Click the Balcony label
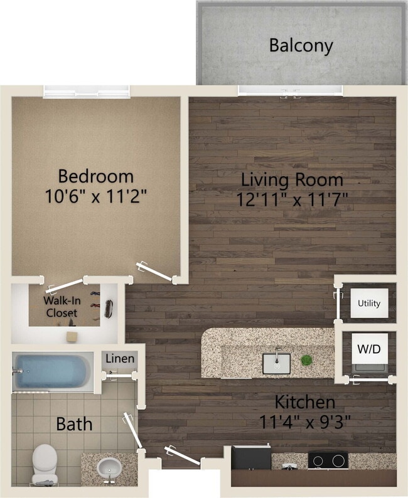(301, 45)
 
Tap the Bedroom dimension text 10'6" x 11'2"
(96, 196)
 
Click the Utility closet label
(368, 304)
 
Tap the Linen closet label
(119, 359)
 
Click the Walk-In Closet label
(60, 307)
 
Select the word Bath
(74, 424)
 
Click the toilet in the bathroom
(45, 464)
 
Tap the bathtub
(53, 371)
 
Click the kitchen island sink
(276, 363)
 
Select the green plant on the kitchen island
(306, 360)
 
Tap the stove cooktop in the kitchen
(327, 460)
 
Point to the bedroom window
(87, 92)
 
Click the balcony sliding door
(290, 92)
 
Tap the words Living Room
(293, 180)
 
